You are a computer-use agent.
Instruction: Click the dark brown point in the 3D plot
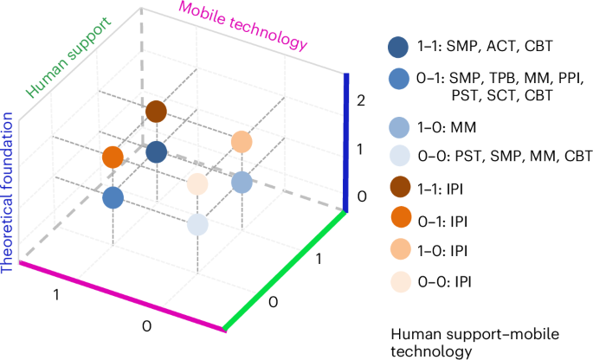click(x=156, y=112)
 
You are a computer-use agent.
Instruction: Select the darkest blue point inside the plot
click(x=156, y=152)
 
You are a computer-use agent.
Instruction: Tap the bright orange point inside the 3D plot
click(x=113, y=157)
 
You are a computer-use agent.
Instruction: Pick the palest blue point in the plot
click(x=198, y=224)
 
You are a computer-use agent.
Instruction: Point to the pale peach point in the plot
click(x=198, y=183)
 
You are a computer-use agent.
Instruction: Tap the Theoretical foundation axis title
click(x=10, y=190)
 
